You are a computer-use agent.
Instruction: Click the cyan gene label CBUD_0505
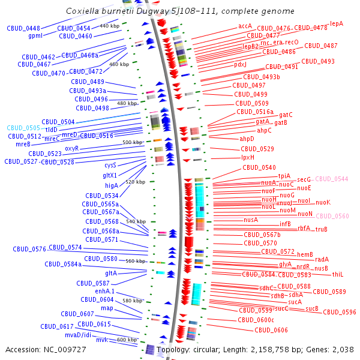(x=23, y=128)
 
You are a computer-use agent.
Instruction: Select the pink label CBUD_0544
(x=332, y=179)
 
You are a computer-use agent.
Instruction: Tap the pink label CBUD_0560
(x=332, y=216)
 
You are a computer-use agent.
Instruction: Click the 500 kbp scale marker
(x=132, y=142)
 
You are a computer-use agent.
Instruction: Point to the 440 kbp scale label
(x=109, y=26)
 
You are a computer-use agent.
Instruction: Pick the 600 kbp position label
(x=127, y=340)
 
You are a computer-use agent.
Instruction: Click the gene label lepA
(x=337, y=23)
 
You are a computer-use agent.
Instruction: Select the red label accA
(x=245, y=26)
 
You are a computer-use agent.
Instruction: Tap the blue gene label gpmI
(x=35, y=35)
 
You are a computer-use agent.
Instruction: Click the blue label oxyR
(x=72, y=148)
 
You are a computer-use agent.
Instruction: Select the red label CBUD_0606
(x=272, y=330)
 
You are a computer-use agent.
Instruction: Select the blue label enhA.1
(x=104, y=291)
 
